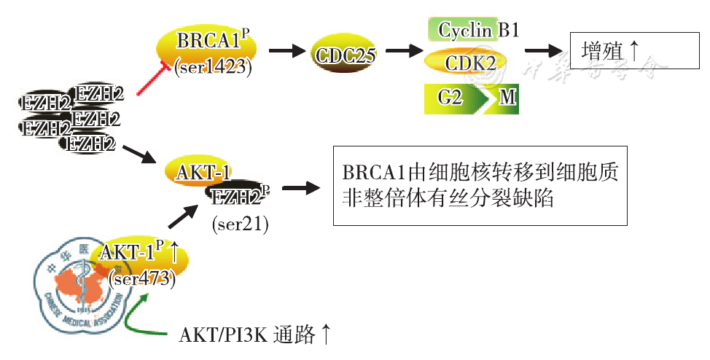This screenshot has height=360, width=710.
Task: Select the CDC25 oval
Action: coord(346,55)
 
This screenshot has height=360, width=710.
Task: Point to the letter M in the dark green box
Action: coord(507,98)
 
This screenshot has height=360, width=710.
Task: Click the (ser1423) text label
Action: coord(212,67)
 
